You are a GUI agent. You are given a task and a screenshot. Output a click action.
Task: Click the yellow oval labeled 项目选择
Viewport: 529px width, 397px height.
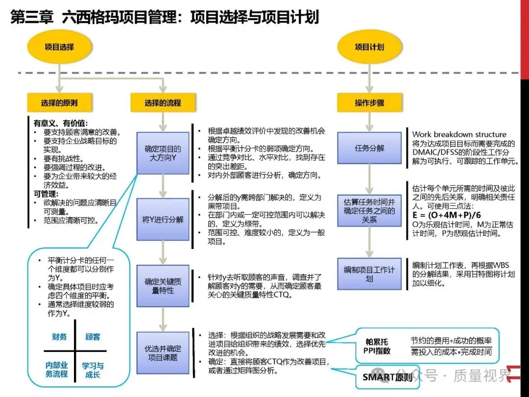click(59, 47)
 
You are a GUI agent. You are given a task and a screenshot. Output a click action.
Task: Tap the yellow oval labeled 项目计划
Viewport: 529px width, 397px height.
click(369, 47)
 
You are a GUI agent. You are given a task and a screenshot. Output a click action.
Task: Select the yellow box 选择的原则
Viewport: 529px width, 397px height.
click(59, 103)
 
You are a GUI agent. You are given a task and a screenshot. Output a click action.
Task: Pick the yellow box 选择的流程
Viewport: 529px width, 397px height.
click(163, 103)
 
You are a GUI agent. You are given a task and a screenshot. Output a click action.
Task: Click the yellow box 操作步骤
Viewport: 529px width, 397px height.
click(369, 103)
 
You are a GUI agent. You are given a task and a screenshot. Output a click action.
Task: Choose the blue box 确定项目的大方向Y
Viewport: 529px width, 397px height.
click(163, 153)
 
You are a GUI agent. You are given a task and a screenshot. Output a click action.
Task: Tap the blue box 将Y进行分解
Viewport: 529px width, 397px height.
click(163, 219)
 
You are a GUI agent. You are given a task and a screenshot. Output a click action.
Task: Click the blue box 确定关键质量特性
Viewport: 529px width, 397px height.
click(163, 286)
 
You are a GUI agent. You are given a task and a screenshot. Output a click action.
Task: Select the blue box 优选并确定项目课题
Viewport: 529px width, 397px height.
click(163, 353)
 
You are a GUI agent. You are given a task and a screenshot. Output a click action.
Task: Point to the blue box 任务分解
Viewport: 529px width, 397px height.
click(369, 148)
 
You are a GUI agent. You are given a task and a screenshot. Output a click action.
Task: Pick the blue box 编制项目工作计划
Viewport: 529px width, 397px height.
click(369, 274)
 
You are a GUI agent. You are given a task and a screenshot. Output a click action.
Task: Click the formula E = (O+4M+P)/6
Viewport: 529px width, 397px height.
click(447, 215)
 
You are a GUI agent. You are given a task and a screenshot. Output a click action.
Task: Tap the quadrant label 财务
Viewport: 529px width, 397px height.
click(59, 337)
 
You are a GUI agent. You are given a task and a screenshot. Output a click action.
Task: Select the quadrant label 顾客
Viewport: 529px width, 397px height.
click(93, 337)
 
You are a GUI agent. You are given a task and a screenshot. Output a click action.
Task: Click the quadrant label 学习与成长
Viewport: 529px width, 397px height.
click(93, 370)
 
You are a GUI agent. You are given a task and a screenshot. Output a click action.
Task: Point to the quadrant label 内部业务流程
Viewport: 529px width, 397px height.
click(57, 370)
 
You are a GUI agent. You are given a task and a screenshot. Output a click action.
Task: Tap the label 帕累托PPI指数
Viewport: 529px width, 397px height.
click(377, 346)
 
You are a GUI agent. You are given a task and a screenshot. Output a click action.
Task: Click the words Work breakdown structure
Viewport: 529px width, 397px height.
click(459, 134)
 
